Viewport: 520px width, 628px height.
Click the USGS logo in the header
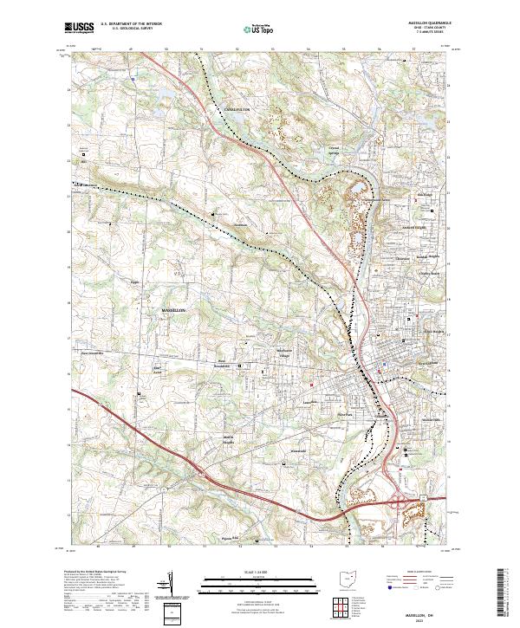point(80,28)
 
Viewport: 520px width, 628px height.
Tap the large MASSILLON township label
point(174,309)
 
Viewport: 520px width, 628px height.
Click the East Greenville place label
point(91,353)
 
